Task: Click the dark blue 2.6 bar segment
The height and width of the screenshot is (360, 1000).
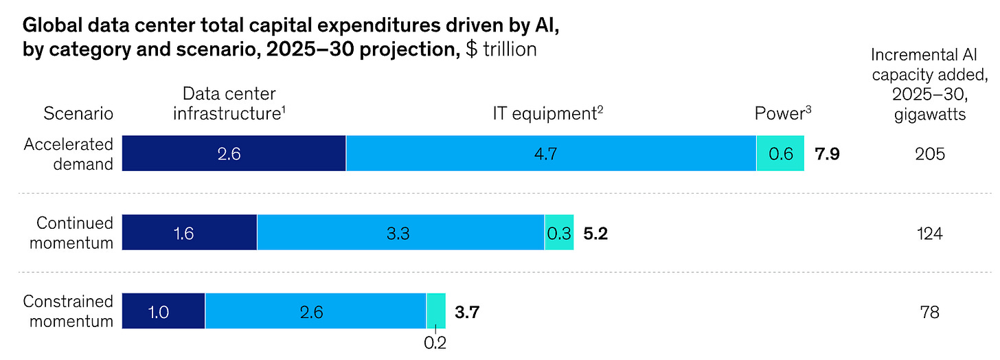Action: pos(234,154)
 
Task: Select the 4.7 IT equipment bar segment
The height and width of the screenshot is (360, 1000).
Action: pos(551,154)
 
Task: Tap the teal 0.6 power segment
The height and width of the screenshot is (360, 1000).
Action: pos(780,154)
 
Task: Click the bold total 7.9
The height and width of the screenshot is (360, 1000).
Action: pos(827,154)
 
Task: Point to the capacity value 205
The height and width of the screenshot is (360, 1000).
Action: pos(930,154)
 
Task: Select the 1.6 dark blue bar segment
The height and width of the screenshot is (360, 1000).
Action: pos(189,233)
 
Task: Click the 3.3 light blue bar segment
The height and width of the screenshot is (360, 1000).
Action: pos(400,233)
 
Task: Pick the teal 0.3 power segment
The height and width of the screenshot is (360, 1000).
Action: pos(559,233)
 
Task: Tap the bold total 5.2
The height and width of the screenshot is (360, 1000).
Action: pos(595,233)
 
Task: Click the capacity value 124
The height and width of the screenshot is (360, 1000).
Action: pos(930,233)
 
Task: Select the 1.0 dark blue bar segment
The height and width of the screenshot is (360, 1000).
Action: pos(163,312)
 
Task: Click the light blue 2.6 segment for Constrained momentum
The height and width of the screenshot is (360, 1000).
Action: pos(315,312)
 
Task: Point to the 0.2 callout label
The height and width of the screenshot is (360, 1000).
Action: pos(435,341)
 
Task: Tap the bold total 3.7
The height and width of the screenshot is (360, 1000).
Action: pos(467,312)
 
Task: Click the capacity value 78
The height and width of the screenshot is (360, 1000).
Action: pos(930,312)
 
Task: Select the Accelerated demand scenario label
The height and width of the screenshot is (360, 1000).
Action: pos(69,154)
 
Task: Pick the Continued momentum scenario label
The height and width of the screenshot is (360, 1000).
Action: pos(75,233)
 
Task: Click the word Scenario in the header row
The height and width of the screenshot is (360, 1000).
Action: pos(78,113)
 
